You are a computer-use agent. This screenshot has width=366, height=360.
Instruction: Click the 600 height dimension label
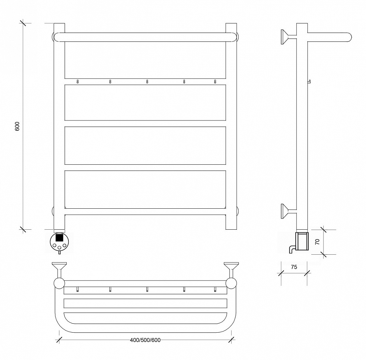click(x=17, y=126)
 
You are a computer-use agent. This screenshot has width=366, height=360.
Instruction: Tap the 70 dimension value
click(x=317, y=242)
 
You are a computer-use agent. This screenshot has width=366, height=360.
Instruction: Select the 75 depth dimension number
click(x=294, y=267)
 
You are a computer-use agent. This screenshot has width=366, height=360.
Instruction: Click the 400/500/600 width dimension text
click(x=145, y=340)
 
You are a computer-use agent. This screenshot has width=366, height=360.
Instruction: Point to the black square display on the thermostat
click(x=59, y=238)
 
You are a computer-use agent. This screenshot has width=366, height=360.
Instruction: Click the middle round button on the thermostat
click(x=59, y=247)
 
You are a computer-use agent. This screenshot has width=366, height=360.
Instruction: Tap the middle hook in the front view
click(x=147, y=82)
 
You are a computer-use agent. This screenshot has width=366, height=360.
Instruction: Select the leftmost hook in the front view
click(x=77, y=82)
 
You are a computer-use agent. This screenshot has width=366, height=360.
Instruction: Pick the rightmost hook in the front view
click(x=215, y=82)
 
